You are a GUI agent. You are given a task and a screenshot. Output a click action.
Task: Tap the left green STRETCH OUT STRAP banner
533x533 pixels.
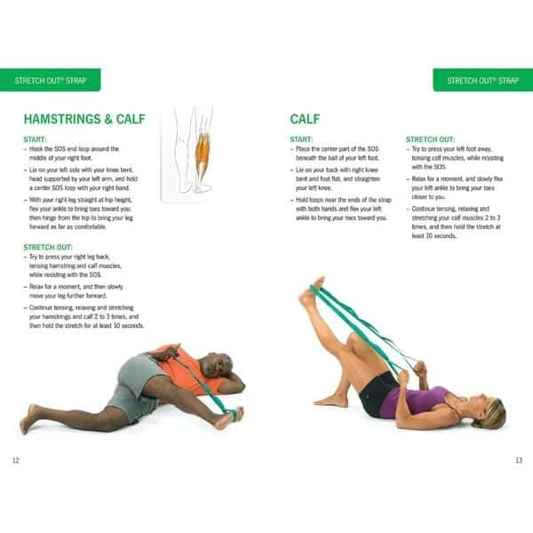[50, 80]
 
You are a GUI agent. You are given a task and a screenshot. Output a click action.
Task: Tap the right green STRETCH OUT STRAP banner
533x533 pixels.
[482, 80]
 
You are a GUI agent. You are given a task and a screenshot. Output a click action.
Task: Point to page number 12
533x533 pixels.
[15, 460]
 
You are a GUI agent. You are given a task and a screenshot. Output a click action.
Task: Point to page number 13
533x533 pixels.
[518, 460]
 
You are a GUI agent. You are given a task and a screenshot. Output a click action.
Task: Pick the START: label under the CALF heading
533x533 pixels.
[302, 139]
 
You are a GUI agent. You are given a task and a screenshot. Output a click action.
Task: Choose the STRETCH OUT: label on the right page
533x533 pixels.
[430, 139]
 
